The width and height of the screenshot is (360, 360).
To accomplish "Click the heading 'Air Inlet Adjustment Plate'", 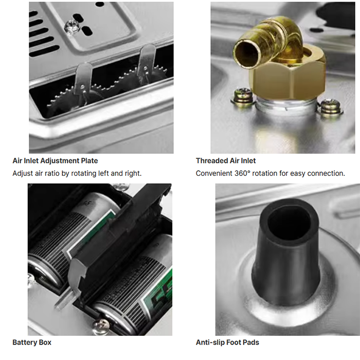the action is (x=55, y=160).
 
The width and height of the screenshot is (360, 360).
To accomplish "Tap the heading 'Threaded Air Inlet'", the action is (x=226, y=160).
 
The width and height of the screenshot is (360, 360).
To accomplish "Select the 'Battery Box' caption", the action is (x=32, y=343).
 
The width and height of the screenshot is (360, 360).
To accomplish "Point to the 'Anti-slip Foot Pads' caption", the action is (x=227, y=343).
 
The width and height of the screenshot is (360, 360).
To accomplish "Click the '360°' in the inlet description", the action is (x=242, y=173).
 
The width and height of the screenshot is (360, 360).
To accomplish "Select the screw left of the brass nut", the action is (x=243, y=96).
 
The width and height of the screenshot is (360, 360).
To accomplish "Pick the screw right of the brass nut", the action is (x=330, y=107).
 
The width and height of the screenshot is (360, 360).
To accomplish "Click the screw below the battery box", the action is (x=101, y=326).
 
